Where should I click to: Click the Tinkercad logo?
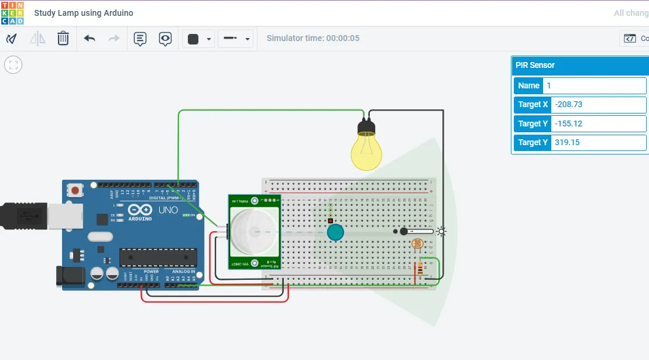click(12, 13)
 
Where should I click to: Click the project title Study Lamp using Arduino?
click(84, 13)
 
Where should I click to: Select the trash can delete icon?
click(63, 39)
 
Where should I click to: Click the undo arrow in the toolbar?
click(90, 39)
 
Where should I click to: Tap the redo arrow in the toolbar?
click(114, 39)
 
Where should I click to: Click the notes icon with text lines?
click(140, 39)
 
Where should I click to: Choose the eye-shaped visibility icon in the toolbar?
click(166, 39)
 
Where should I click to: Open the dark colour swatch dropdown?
click(198, 39)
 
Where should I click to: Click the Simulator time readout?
click(313, 38)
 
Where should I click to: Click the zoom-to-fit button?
click(13, 64)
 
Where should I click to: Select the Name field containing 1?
click(594, 85)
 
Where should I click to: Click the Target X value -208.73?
click(598, 105)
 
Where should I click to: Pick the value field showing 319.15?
click(598, 142)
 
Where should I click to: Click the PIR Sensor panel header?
click(579, 66)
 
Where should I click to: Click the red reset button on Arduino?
click(74, 190)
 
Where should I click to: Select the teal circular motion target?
click(335, 232)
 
